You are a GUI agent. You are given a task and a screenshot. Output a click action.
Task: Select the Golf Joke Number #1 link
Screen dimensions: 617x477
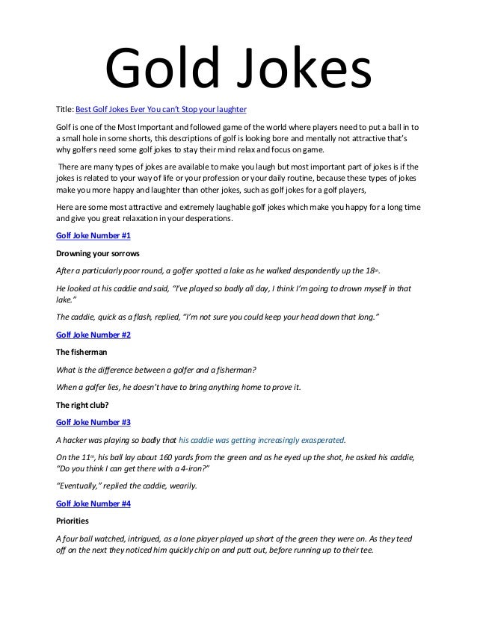(x=88, y=235)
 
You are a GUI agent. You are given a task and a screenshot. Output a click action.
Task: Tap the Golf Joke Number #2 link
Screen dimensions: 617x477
(x=88, y=335)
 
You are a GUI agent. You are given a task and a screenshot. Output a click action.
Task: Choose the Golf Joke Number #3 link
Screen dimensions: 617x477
(x=88, y=422)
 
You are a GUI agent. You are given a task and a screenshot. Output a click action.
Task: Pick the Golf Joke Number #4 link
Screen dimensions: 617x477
(x=88, y=503)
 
